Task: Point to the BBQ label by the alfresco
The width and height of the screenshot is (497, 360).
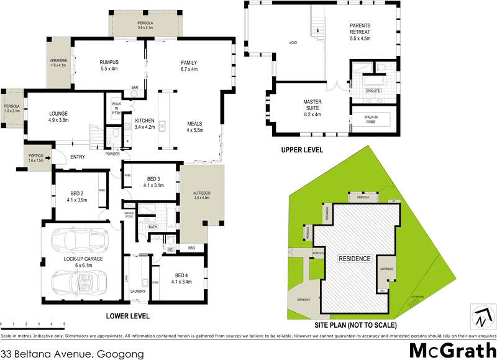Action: click(x=191, y=248)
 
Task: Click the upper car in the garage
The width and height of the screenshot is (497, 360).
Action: click(x=78, y=239)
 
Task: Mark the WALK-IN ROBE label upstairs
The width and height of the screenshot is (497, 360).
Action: click(x=371, y=118)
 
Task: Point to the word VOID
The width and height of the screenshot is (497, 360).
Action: click(x=293, y=43)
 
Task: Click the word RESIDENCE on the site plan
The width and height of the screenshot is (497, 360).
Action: click(x=354, y=258)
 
